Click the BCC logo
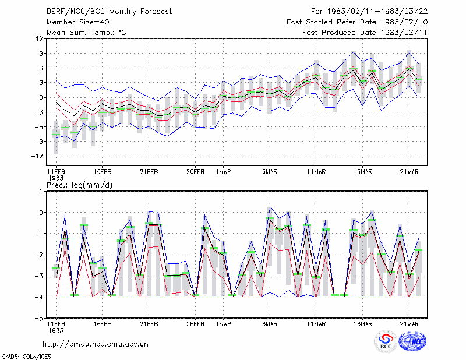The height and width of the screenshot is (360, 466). pos(386,341)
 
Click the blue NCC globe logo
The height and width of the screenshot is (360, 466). pos(412,341)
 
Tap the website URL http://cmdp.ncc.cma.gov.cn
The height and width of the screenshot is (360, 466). pos(96,344)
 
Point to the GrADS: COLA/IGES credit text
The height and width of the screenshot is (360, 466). pos(26,357)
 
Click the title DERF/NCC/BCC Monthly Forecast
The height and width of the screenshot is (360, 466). pos(109,12)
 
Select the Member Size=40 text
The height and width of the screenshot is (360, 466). pos(78,22)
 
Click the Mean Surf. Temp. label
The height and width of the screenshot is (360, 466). pos(86,33)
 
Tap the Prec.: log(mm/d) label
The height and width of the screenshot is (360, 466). pos(79,185)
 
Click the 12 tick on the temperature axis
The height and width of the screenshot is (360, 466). pos(40,39)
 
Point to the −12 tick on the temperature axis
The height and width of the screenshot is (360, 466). pos(37,156)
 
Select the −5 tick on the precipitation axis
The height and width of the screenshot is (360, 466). pos(39,319)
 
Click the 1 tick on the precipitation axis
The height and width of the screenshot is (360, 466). pos(41,192)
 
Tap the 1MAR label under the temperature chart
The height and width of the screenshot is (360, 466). pos(224,172)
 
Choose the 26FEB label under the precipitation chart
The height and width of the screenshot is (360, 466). pos(195,324)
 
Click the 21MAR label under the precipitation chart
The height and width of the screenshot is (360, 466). pos(409,324)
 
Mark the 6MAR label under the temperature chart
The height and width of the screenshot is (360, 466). pos(270,172)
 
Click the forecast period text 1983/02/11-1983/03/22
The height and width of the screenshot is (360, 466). pos(377,12)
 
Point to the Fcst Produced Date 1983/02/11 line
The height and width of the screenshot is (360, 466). pos(365,33)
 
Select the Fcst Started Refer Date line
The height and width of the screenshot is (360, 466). pos(357,22)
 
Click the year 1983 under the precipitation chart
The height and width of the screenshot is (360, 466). pos(56,330)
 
